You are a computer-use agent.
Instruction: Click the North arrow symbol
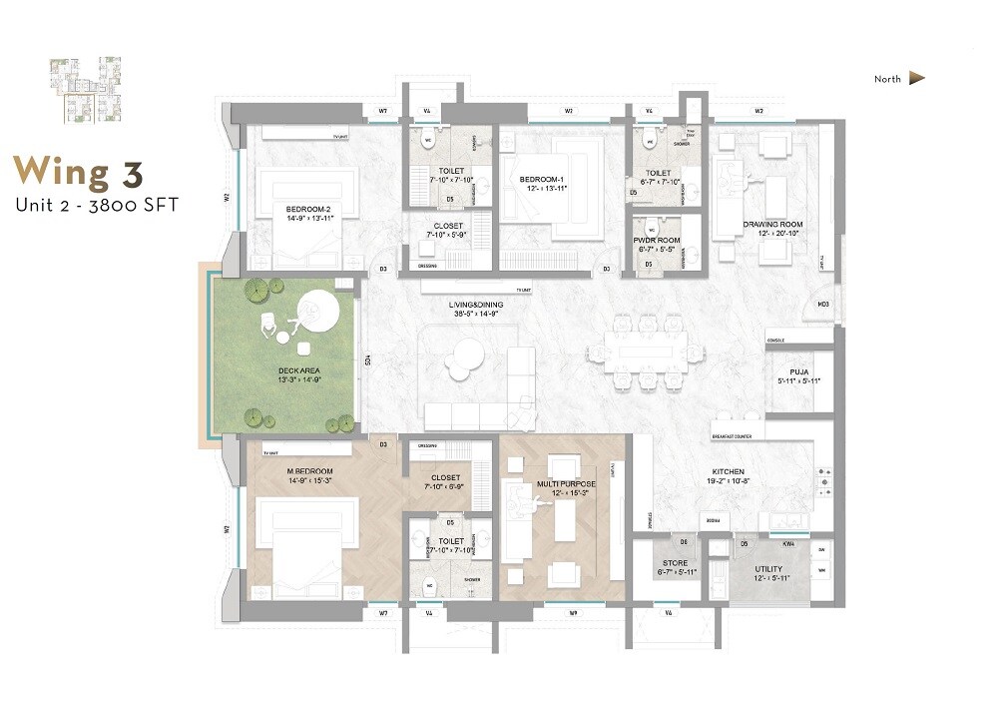917,79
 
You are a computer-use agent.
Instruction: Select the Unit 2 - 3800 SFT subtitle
96,206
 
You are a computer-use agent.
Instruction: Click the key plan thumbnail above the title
87,91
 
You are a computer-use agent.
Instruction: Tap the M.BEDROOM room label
310,470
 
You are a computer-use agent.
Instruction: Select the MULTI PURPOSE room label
566,483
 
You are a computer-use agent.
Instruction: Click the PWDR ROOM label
656,241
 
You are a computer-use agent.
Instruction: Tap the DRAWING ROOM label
771,224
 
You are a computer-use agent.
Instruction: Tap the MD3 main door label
823,304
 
